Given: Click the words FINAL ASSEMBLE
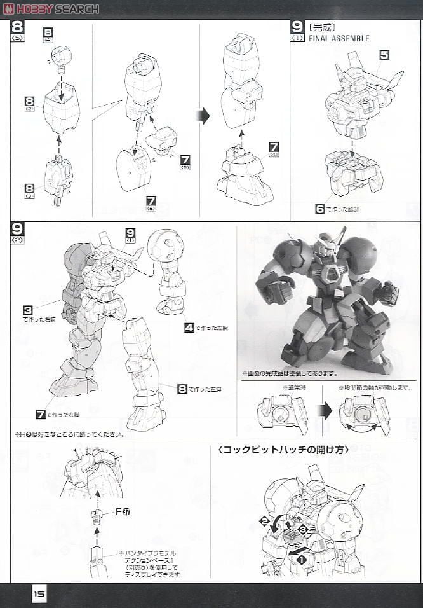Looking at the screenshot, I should coord(339,38).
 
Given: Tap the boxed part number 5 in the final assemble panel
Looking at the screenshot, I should coord(384,55).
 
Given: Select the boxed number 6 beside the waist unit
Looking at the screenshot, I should coord(320,208).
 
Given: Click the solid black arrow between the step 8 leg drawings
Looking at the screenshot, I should coord(203,116).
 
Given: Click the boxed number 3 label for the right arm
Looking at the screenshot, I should coord(28,310).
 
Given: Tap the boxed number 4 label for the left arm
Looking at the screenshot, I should coord(189,328).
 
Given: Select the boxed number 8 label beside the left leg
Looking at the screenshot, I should coord(182,389).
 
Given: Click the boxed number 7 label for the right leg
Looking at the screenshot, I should coord(41,415).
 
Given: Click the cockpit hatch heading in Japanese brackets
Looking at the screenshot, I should coord(282,450).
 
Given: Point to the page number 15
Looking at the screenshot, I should coord(39,594).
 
